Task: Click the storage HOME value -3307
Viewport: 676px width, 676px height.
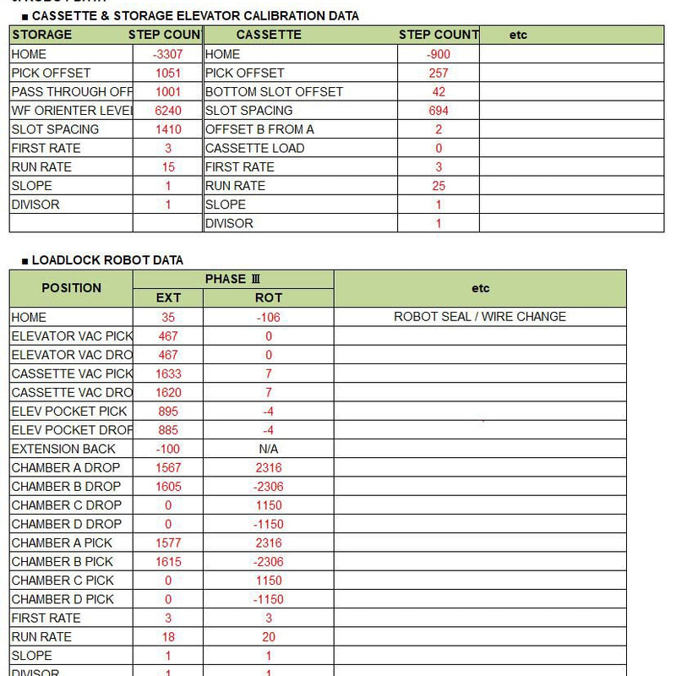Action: (168, 54)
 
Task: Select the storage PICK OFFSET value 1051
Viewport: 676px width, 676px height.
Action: (168, 73)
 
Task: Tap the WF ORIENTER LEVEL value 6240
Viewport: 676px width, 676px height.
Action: (168, 111)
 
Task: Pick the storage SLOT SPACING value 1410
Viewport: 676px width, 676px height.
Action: (168, 129)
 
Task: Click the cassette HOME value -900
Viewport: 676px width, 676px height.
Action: (439, 54)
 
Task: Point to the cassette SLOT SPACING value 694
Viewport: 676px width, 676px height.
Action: (439, 111)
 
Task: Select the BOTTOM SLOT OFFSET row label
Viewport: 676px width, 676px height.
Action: (275, 91)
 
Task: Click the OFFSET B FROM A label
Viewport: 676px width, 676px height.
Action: (259, 129)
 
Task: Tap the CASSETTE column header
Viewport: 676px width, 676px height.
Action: (269, 35)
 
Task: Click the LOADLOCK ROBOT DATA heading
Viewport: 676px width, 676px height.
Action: (107, 260)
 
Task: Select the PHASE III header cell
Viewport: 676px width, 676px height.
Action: (226, 279)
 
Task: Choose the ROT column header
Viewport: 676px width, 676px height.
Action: (269, 297)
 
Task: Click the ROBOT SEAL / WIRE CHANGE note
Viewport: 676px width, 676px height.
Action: (480, 317)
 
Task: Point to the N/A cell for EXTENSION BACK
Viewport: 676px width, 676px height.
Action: (269, 449)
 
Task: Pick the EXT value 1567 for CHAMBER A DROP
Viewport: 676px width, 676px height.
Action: (168, 467)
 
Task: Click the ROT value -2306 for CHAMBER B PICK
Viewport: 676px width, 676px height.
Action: (269, 561)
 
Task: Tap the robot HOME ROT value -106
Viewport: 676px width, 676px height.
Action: (269, 318)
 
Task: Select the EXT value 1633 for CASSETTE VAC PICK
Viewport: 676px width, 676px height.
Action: (168, 373)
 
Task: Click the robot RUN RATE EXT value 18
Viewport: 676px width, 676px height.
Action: (168, 636)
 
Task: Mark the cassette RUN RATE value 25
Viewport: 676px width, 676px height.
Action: (439, 186)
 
